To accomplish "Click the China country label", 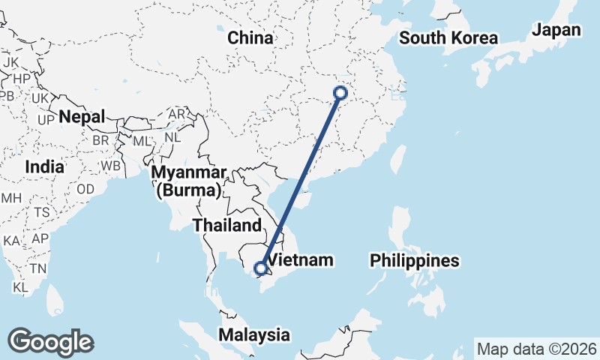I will [x=250, y=37].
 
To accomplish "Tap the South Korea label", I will [x=449, y=38].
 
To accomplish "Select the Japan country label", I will [x=556, y=30].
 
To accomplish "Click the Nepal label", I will [x=82, y=116].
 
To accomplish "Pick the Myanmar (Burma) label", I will [x=188, y=181].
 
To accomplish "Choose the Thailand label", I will [x=227, y=224].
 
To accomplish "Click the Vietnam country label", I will [x=300, y=260].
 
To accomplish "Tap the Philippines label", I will [x=414, y=260].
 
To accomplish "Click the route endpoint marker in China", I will [x=340, y=94].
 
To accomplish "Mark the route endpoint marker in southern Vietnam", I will [x=261, y=268].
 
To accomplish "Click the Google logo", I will [x=51, y=342].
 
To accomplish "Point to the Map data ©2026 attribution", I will [x=536, y=349].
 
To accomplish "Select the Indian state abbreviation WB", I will [x=111, y=165].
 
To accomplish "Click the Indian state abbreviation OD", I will [x=85, y=189].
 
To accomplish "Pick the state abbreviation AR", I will [x=177, y=114].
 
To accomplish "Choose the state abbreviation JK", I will [x=11, y=61].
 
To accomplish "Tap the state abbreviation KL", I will [x=20, y=287].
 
